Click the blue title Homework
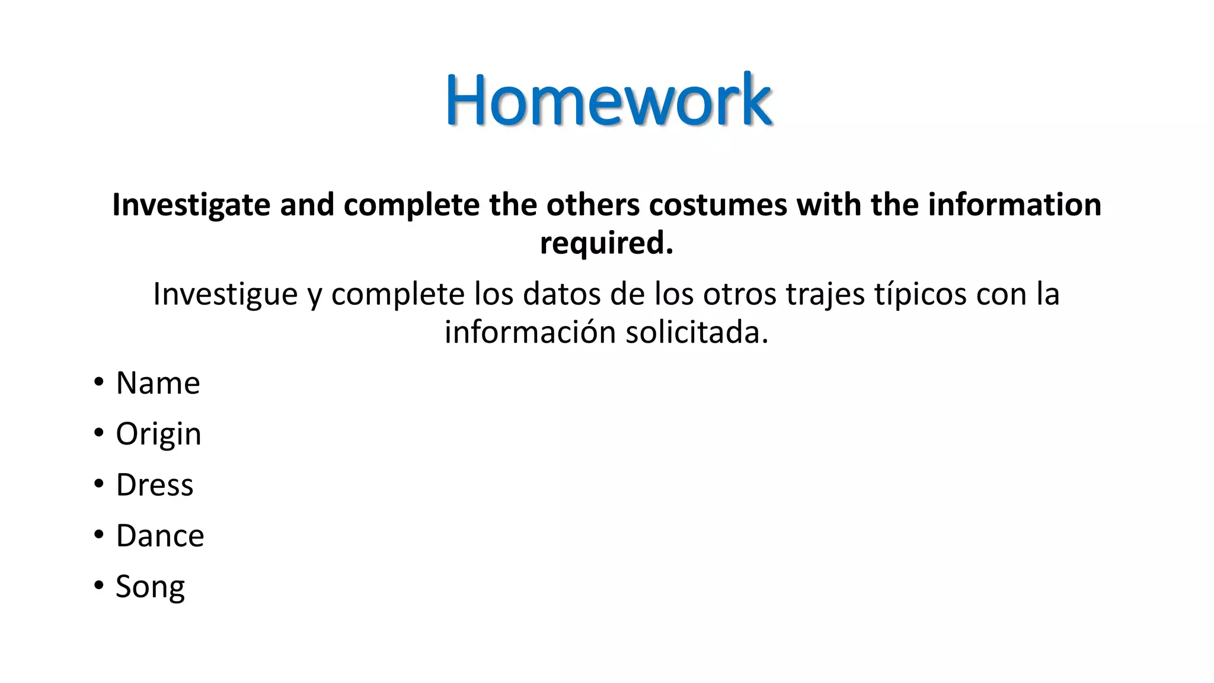point(608,100)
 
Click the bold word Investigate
point(191,205)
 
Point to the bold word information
point(1014,205)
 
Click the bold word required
point(606,243)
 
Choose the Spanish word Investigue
point(225,294)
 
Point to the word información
point(531,332)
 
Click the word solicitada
point(697,332)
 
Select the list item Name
point(158,383)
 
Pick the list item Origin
point(158,434)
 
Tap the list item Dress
point(154,485)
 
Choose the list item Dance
point(160,536)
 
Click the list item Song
point(150,587)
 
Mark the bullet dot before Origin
point(98,433)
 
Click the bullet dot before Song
point(98,586)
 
